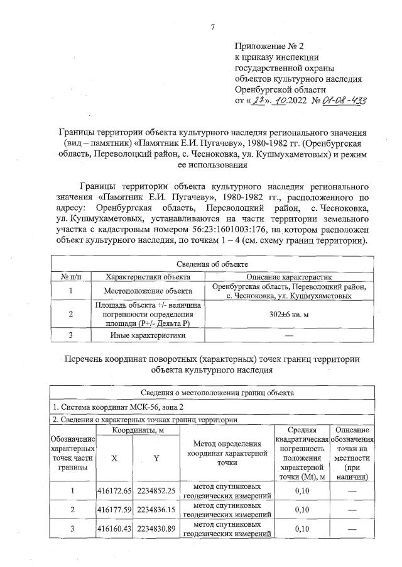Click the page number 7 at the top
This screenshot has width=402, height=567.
pyautogui.click(x=213, y=27)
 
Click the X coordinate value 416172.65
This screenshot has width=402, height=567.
pyautogui.click(x=114, y=490)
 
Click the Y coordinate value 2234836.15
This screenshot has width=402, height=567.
pyautogui.click(x=155, y=509)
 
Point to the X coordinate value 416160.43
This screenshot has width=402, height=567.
pyautogui.click(x=114, y=528)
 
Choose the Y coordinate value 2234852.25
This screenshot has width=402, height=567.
pyautogui.click(x=155, y=490)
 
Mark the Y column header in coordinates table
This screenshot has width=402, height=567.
pyautogui.click(x=155, y=459)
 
